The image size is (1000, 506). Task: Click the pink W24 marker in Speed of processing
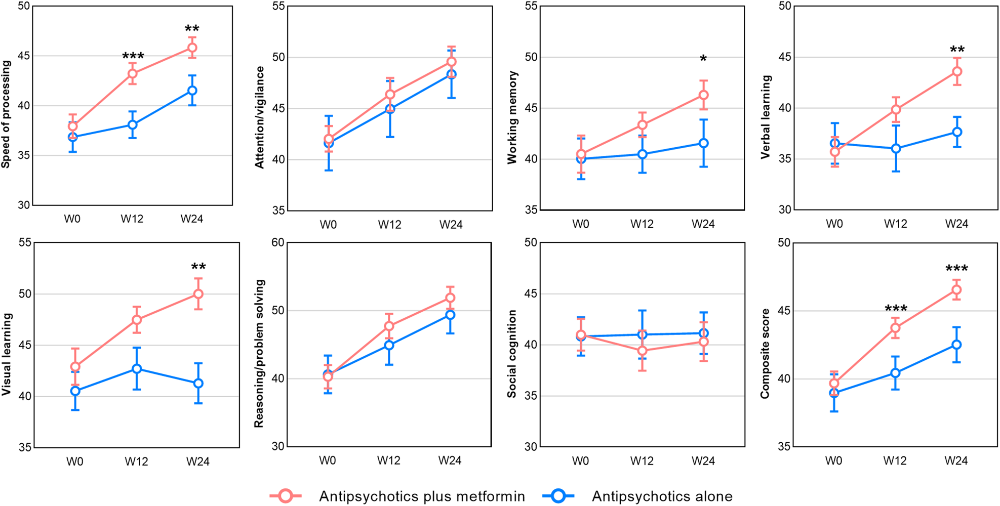192,48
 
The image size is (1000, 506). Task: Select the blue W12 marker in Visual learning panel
137,369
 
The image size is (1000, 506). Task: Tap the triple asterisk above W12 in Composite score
896,309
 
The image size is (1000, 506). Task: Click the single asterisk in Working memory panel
703,59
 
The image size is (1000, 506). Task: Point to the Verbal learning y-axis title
766,117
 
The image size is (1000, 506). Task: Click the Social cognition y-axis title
512,354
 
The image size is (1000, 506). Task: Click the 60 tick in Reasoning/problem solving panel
278,242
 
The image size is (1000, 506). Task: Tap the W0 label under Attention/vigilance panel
328,225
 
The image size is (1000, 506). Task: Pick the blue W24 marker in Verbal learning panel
957,132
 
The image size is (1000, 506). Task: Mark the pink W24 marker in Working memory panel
703,95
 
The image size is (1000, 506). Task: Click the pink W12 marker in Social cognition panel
642,351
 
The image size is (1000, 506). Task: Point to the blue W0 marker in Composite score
834,393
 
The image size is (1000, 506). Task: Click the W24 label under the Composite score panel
956,461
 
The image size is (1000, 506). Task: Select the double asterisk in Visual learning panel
198,267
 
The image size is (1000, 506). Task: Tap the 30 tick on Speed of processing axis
24,205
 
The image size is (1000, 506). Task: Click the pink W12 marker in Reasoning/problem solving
389,326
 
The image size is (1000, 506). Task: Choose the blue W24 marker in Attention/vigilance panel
451,74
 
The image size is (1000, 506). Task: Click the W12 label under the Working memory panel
642,224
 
